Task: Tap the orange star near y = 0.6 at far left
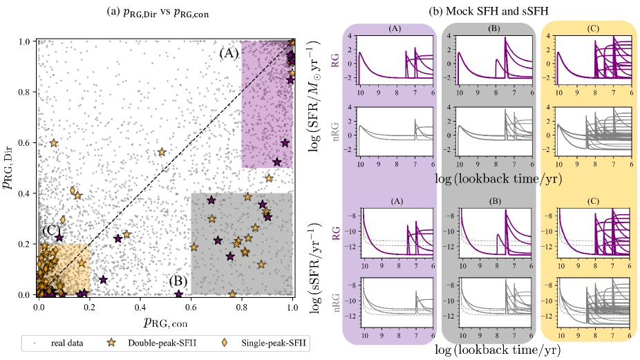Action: coord(54,143)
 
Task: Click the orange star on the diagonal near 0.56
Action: coord(162,152)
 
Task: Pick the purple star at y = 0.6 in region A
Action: coord(285,143)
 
